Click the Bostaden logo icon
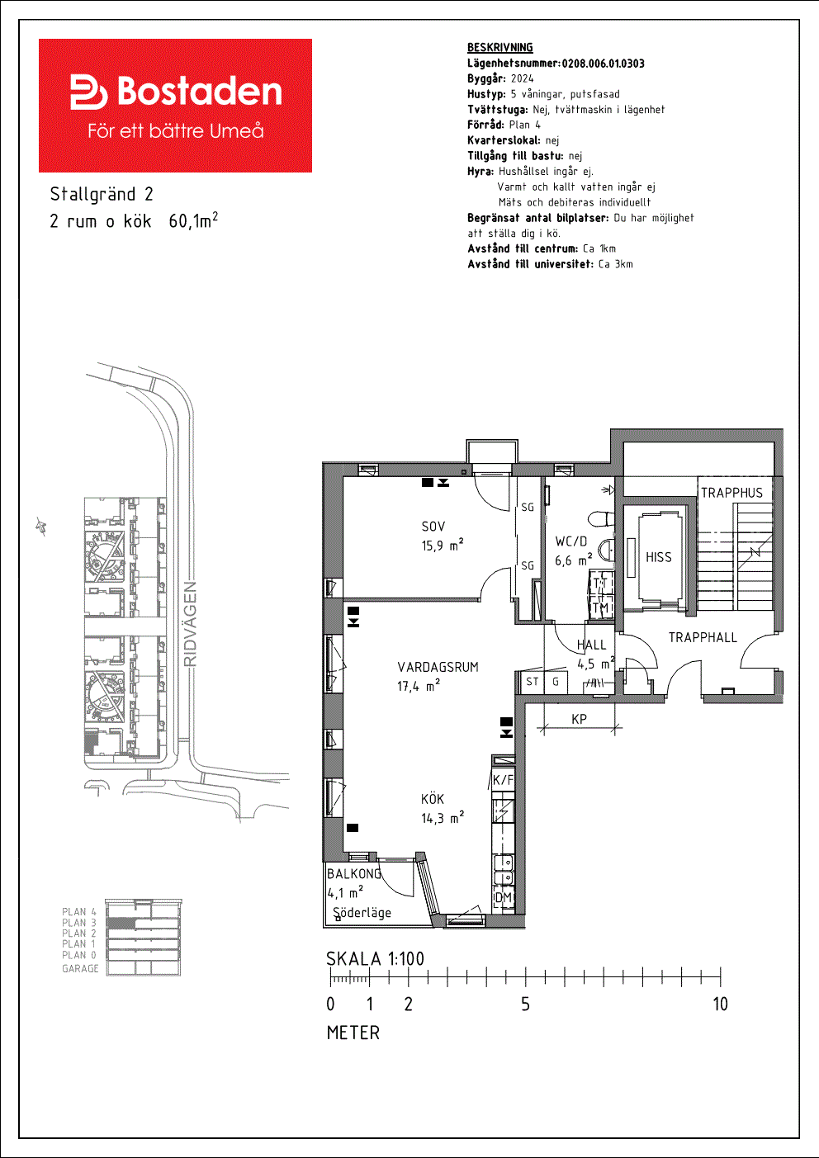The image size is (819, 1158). [x=88, y=92]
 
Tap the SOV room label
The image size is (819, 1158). [x=433, y=527]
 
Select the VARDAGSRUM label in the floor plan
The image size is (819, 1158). [x=438, y=667]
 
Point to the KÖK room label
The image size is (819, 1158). [x=433, y=799]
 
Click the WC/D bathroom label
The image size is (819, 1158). [x=571, y=541]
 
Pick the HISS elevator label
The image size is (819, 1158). [x=659, y=557]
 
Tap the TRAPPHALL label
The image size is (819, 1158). [x=703, y=637]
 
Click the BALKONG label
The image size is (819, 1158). [x=354, y=874]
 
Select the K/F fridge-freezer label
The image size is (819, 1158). [x=503, y=780]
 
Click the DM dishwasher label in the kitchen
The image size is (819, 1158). [x=503, y=897]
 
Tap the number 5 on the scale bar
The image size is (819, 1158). [x=525, y=1004]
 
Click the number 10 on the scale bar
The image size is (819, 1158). [x=720, y=1004]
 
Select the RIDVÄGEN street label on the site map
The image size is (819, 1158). [x=190, y=624]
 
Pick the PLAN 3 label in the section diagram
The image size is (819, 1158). [x=79, y=923]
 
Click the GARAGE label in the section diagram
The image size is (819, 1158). [x=80, y=968]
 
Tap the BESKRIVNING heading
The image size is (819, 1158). [x=500, y=48]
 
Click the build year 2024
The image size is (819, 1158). [x=523, y=78]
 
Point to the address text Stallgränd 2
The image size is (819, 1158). [x=102, y=195]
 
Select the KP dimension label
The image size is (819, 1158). [x=579, y=719]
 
